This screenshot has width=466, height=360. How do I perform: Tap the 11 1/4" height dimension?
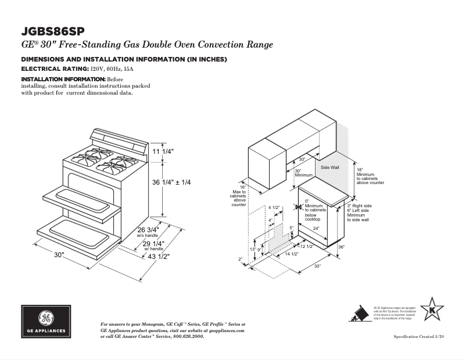point(163,152)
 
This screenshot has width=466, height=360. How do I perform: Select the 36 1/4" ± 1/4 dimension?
point(171,182)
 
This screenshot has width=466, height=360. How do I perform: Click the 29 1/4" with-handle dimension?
point(154,244)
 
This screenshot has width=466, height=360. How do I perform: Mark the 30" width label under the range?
point(59,255)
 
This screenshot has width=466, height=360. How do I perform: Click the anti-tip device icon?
point(361,314)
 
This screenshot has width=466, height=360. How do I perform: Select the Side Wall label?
point(330,167)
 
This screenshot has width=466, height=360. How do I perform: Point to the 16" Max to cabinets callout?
point(239,196)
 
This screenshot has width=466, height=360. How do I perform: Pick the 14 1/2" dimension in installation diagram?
point(291,254)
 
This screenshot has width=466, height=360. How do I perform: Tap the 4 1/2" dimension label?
point(274,207)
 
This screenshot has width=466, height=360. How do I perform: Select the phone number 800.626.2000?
point(189,337)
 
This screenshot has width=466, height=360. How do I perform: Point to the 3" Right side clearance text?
point(359,206)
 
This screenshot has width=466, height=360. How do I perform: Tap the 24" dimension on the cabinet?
point(316,228)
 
